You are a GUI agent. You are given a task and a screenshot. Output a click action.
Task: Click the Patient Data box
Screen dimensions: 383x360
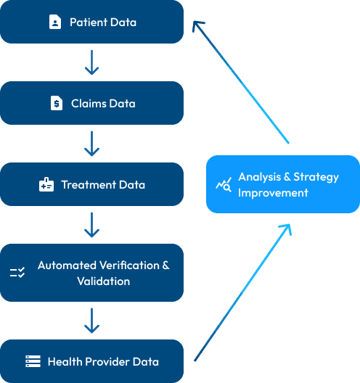(x=91, y=22)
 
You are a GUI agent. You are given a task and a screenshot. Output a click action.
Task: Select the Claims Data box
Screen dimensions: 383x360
(x=91, y=104)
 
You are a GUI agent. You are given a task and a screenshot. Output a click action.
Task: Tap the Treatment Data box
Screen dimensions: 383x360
(x=91, y=185)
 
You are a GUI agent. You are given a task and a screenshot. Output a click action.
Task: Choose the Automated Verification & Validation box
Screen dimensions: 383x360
(x=91, y=273)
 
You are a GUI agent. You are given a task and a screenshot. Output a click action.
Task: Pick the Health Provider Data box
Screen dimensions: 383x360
(x=91, y=361)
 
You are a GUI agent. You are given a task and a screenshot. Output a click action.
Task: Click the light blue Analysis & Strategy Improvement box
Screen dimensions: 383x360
(x=282, y=184)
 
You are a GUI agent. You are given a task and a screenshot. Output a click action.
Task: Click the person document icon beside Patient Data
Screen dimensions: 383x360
(x=55, y=22)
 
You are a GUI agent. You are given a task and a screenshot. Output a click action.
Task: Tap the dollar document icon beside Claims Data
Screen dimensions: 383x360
(x=56, y=104)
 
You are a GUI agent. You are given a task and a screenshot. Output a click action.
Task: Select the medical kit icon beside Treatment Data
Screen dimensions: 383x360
(x=46, y=185)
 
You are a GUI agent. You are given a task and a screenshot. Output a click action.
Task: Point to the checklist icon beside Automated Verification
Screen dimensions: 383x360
(x=17, y=273)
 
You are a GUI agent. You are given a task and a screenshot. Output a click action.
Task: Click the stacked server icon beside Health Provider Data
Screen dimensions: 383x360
(x=33, y=361)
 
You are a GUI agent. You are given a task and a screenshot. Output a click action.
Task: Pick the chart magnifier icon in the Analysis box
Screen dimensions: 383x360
(x=224, y=185)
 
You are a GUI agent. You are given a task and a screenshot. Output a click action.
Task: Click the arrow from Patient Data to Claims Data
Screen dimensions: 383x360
(x=91, y=62)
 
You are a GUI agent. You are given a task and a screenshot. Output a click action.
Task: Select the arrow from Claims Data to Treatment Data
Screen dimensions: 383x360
(x=91, y=144)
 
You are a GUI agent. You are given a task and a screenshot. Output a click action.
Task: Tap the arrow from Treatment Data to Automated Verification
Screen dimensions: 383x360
(x=91, y=225)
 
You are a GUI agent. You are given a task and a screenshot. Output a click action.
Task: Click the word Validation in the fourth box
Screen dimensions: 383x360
(x=104, y=281)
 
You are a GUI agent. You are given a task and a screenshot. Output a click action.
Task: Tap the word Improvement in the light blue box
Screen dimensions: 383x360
(x=273, y=193)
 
